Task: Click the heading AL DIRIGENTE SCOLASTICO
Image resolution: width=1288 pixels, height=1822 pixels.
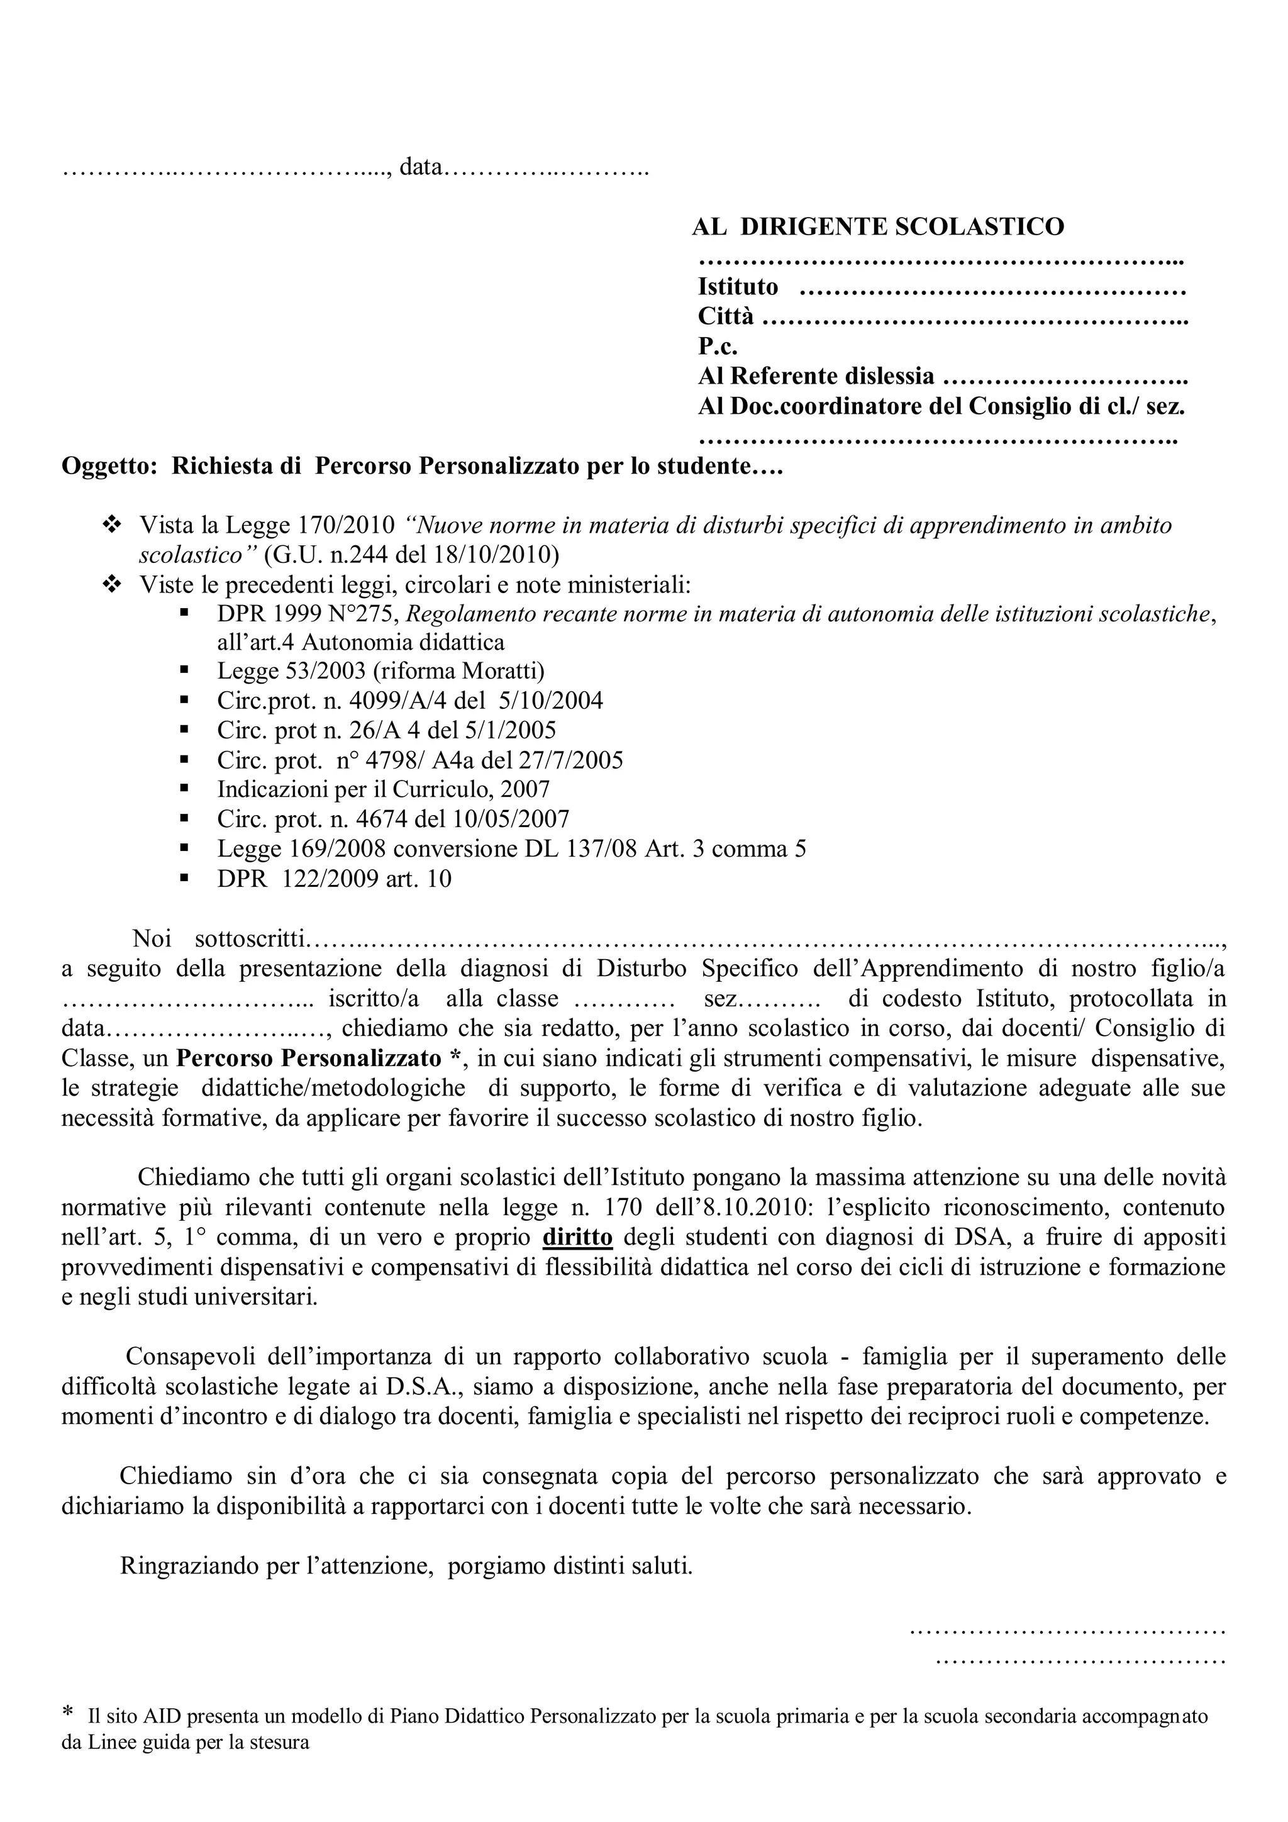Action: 878,227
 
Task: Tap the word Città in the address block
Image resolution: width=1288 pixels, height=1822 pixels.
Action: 725,316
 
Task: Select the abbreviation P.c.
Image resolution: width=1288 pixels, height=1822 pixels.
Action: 718,346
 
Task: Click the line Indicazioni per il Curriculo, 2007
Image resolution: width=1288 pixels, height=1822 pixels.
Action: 383,789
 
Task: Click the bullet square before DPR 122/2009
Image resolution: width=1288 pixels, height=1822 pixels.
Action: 184,878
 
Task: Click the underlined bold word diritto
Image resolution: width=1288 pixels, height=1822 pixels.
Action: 578,1237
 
